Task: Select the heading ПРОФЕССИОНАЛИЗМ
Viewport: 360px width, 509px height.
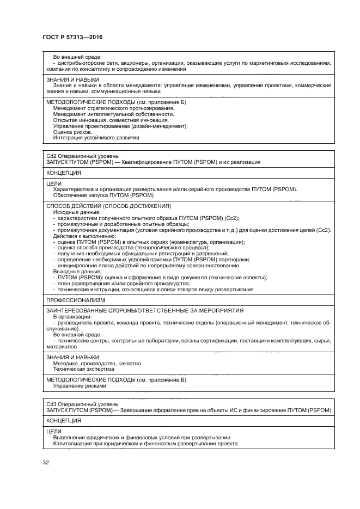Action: [76, 300]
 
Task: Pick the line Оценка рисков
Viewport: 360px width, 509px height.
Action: [72, 132]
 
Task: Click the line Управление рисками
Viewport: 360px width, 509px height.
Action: [80, 385]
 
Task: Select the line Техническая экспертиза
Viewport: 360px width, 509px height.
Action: [80, 369]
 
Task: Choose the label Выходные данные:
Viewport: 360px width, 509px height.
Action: [75, 271]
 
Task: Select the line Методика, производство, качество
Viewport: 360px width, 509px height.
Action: [97, 363]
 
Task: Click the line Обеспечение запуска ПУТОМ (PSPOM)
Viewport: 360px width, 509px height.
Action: [103, 195]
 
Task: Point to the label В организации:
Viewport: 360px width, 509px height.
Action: [72, 316]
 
